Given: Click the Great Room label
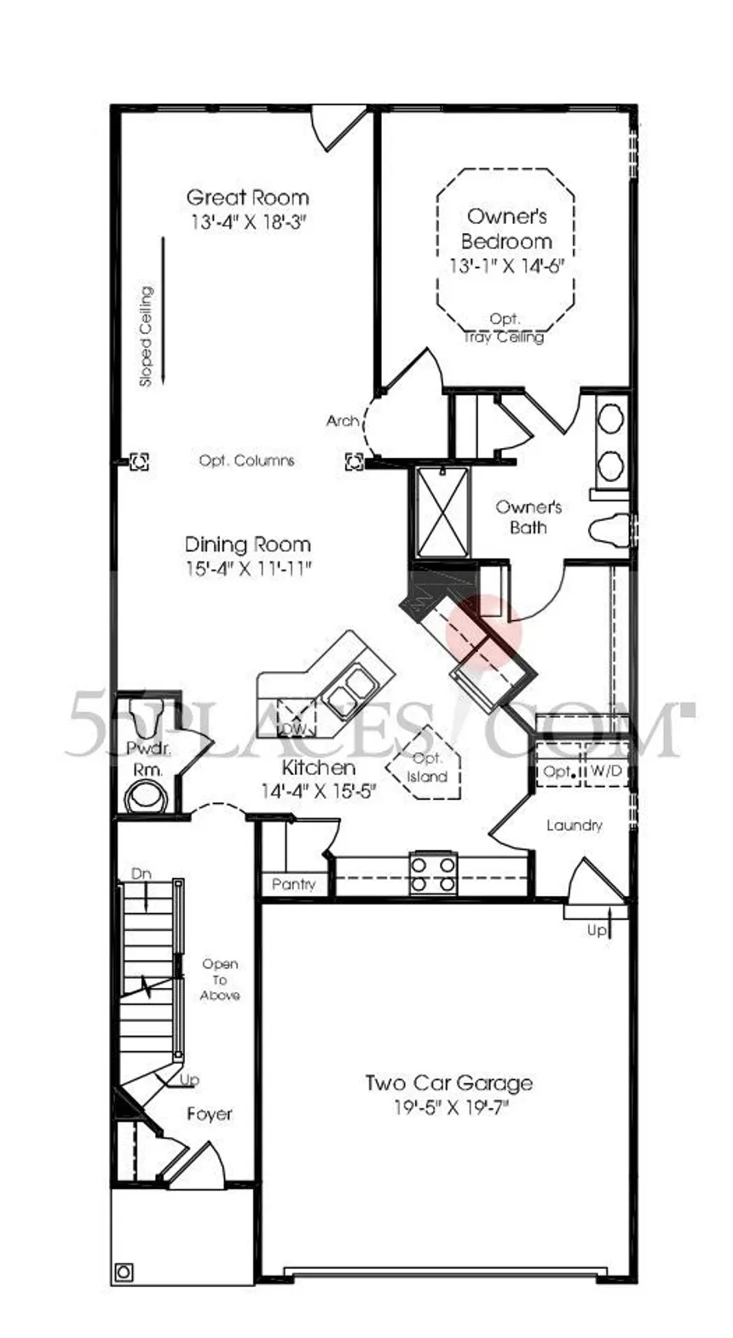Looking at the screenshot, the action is click(x=247, y=197).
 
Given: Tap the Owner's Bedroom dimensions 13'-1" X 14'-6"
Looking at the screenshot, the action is click(x=507, y=267).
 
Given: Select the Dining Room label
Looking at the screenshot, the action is click(x=247, y=545).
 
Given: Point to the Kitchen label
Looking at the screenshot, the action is click(x=319, y=767).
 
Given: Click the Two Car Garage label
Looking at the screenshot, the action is click(x=448, y=1082).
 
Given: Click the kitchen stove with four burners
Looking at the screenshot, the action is click(x=434, y=874).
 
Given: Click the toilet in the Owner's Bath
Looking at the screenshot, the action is click(x=609, y=529).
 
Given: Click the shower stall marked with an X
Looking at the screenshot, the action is click(x=442, y=513).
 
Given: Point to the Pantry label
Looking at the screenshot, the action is click(x=293, y=884).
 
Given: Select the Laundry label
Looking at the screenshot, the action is click(x=574, y=825).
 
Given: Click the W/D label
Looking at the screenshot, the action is click(x=606, y=771).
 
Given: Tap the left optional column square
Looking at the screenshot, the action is click(x=139, y=461).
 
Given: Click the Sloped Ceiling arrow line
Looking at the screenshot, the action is click(x=162, y=312).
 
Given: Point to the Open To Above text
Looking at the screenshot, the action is click(x=220, y=979).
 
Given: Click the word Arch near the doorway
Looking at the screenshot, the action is click(x=342, y=421).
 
